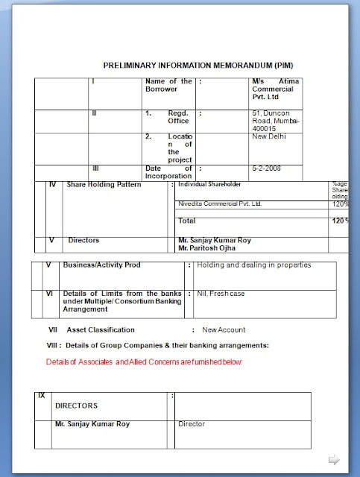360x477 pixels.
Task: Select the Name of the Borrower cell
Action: tap(168, 85)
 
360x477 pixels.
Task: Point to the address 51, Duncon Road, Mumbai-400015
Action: tap(275, 120)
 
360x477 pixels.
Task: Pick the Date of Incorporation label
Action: tap(168, 172)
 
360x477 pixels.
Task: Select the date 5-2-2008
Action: tap(267, 168)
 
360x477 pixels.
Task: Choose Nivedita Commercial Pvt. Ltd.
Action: tap(220, 203)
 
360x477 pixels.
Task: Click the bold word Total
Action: tap(186, 221)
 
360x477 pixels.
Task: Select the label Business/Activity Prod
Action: tap(102, 265)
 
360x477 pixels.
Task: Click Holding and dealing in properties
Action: tap(253, 265)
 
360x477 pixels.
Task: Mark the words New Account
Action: tap(224, 329)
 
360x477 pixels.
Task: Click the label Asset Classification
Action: tap(101, 329)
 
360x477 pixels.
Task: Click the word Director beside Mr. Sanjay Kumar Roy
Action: tap(192, 424)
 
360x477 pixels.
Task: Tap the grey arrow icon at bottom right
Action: tap(334, 459)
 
